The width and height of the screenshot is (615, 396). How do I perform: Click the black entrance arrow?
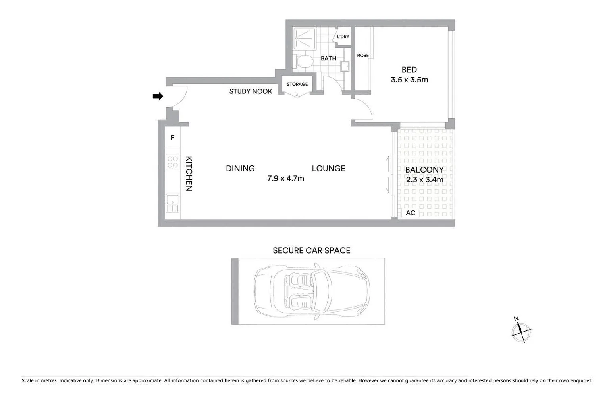pyautogui.click(x=158, y=96)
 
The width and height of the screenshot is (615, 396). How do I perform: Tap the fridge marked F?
pyautogui.click(x=172, y=138)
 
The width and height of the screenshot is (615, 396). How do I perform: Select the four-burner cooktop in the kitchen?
pyautogui.click(x=173, y=161)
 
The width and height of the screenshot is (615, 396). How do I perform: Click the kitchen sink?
pyautogui.click(x=173, y=203)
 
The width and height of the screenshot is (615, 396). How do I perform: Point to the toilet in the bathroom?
pyautogui.click(x=304, y=62)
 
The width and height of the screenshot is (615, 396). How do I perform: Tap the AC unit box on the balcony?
pyautogui.click(x=411, y=213)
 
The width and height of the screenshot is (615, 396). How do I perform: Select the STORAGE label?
pyautogui.click(x=297, y=84)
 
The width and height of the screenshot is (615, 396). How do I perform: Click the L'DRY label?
pyautogui.click(x=343, y=37)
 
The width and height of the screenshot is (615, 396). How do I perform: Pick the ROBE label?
pyautogui.click(x=362, y=56)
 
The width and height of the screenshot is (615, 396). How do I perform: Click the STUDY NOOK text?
pyautogui.click(x=251, y=91)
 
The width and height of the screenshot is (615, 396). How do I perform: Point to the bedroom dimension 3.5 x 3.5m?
pyautogui.click(x=409, y=80)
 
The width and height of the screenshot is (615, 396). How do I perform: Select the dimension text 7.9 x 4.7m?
pyautogui.click(x=285, y=179)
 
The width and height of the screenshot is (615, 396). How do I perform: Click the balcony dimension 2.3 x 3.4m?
pyautogui.click(x=424, y=180)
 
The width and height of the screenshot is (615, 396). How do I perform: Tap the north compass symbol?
pyautogui.click(x=521, y=332)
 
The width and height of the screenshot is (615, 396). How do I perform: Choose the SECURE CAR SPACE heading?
pyautogui.click(x=311, y=250)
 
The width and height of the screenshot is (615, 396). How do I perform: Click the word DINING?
pyautogui.click(x=240, y=169)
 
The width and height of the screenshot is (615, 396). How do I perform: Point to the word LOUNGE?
pyautogui.click(x=328, y=169)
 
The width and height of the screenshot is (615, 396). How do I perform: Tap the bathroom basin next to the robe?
pyautogui.click(x=344, y=66)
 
